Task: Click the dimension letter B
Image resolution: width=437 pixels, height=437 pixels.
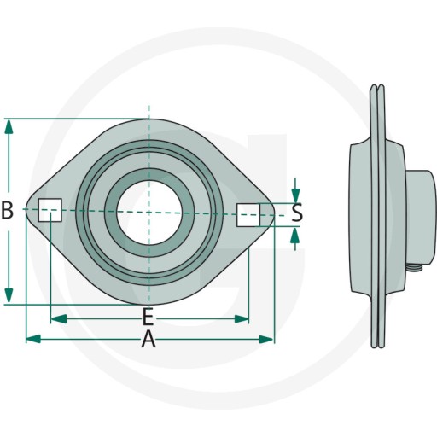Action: click(x=8, y=210)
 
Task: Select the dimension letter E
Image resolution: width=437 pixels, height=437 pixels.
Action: click(x=148, y=317)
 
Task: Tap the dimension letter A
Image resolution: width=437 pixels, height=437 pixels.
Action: click(x=149, y=339)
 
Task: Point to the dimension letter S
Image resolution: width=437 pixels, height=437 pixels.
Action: click(x=297, y=213)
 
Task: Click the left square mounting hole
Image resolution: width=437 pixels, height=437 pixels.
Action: click(x=50, y=210)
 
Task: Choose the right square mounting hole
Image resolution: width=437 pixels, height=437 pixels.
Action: click(x=248, y=215)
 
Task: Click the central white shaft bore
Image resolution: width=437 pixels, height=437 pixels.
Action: click(x=149, y=213)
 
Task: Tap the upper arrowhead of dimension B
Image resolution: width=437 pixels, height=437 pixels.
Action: click(x=9, y=126)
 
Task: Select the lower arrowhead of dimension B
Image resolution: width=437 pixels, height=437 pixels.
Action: click(x=9, y=295)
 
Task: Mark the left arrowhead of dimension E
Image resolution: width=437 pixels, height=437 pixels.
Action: click(x=59, y=319)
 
